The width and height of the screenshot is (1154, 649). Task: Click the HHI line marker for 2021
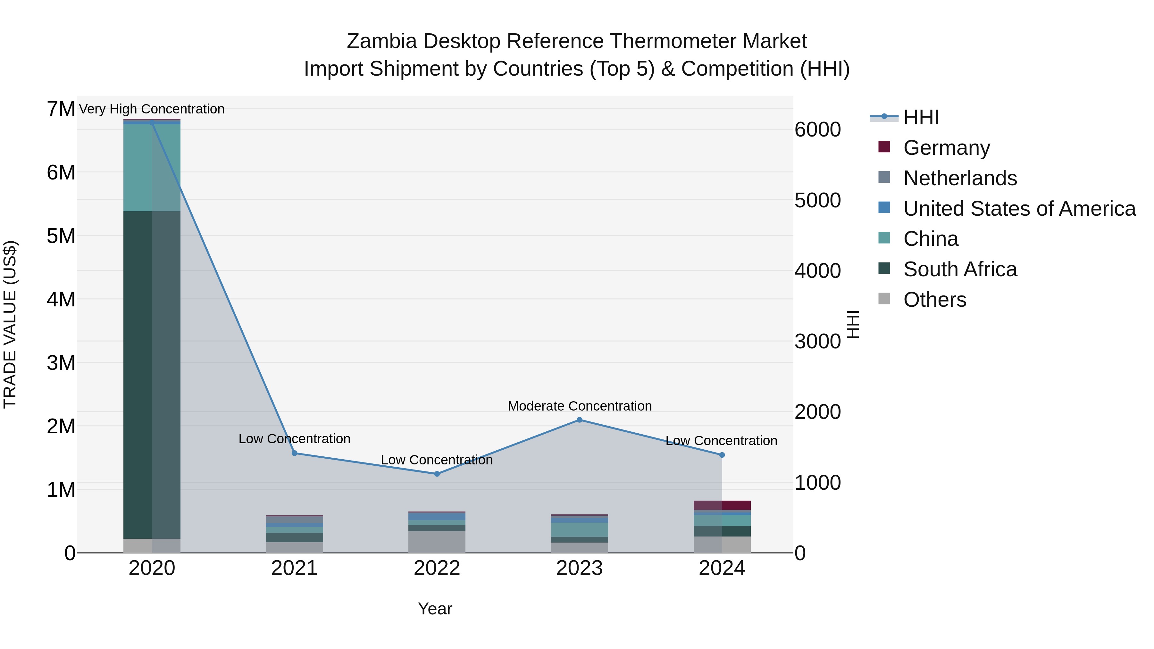(294, 453)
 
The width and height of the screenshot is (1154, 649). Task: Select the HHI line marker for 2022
(437, 474)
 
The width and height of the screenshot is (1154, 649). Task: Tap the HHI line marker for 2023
(579, 420)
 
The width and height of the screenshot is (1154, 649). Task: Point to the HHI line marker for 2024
(722, 455)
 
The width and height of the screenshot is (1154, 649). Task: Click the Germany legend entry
(946, 148)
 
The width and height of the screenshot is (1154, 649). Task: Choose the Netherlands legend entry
(959, 178)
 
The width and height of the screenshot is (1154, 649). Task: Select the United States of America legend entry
(1019, 209)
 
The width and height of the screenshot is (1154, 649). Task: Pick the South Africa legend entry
(959, 269)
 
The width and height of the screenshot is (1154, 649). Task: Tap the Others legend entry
(934, 300)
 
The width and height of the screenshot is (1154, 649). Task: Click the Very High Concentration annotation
(151, 109)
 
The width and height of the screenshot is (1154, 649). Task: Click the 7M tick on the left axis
(61, 109)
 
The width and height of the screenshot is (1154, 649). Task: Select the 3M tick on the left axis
(61, 363)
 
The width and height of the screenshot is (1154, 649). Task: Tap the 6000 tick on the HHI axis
(817, 130)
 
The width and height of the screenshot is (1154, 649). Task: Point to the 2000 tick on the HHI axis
(817, 412)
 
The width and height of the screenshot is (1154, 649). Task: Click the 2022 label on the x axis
(437, 568)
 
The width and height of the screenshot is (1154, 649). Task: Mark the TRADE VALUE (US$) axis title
(10, 324)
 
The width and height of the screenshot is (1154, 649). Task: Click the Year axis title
(435, 609)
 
